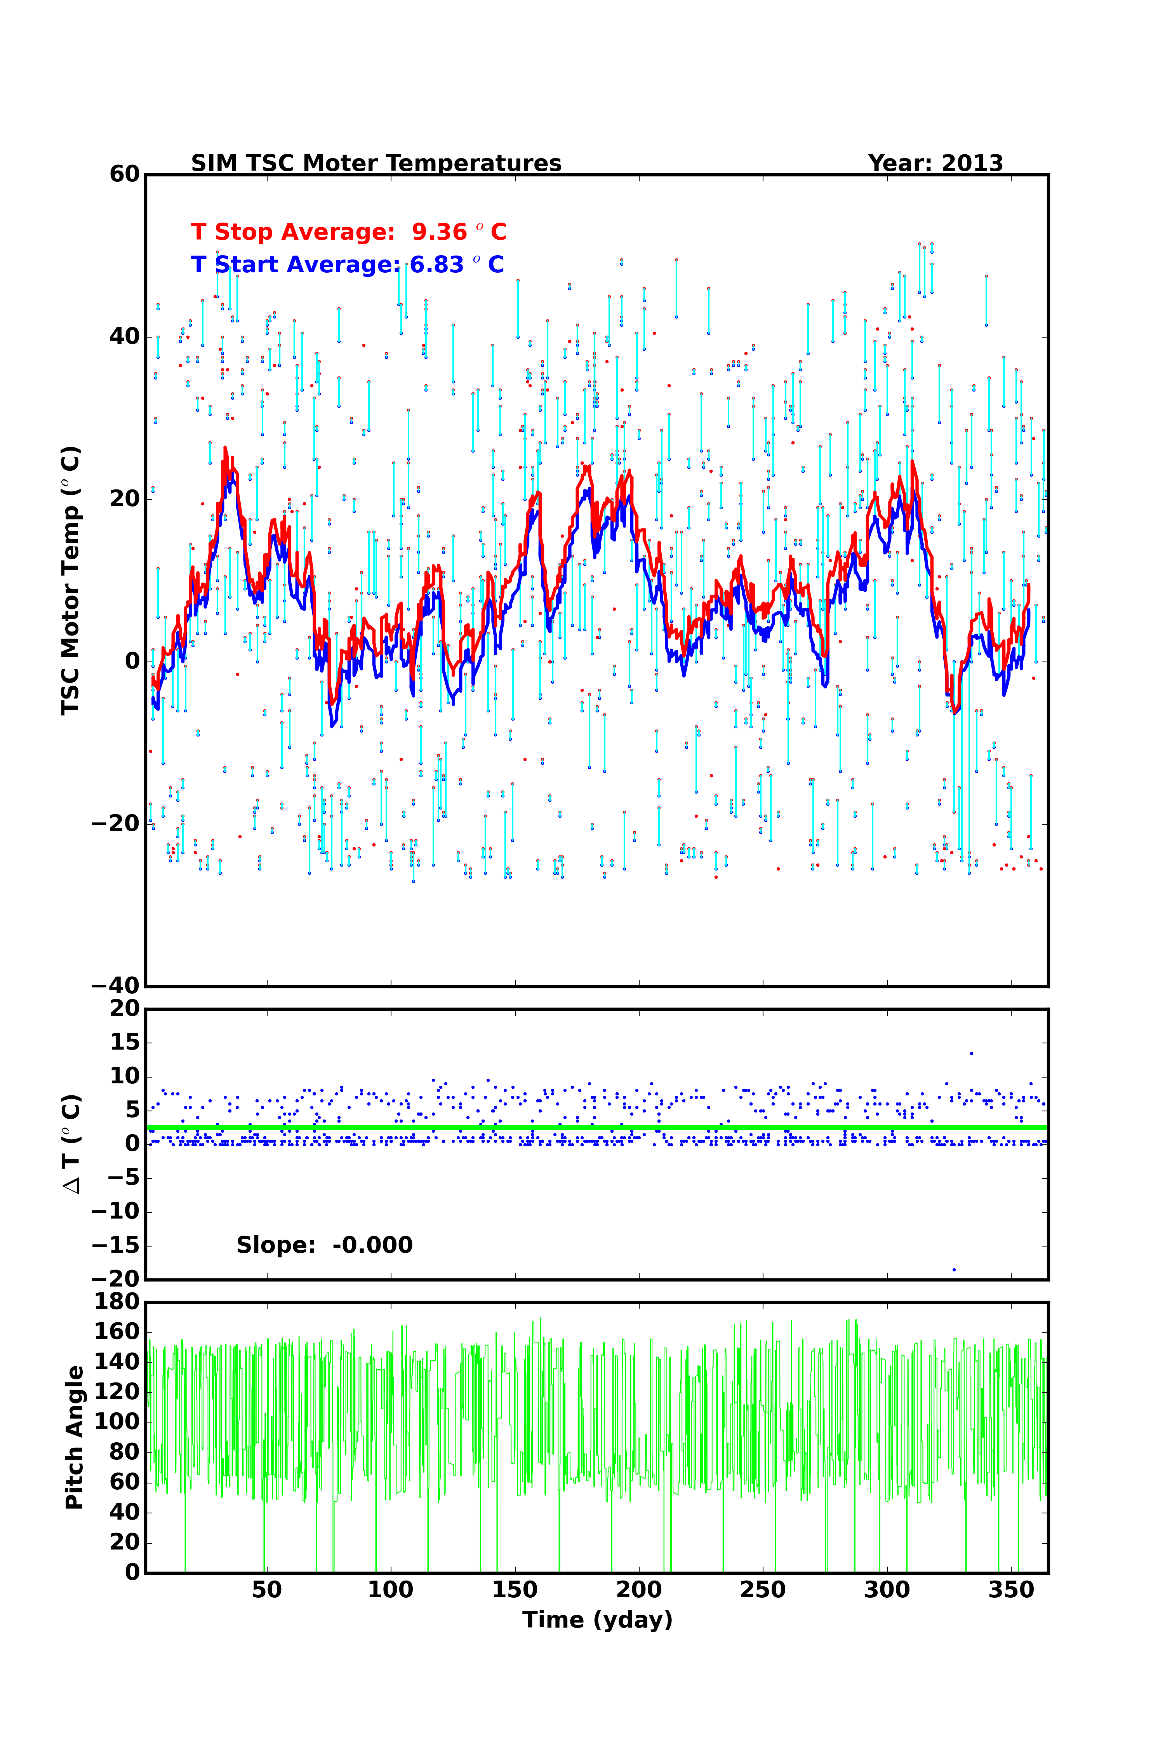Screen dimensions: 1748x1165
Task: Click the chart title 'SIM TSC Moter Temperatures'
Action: (x=376, y=164)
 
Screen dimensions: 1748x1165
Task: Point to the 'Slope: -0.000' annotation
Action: (x=324, y=1245)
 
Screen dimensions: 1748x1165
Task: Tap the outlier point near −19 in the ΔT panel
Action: (x=954, y=1270)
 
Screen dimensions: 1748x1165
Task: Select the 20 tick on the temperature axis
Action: (x=124, y=499)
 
